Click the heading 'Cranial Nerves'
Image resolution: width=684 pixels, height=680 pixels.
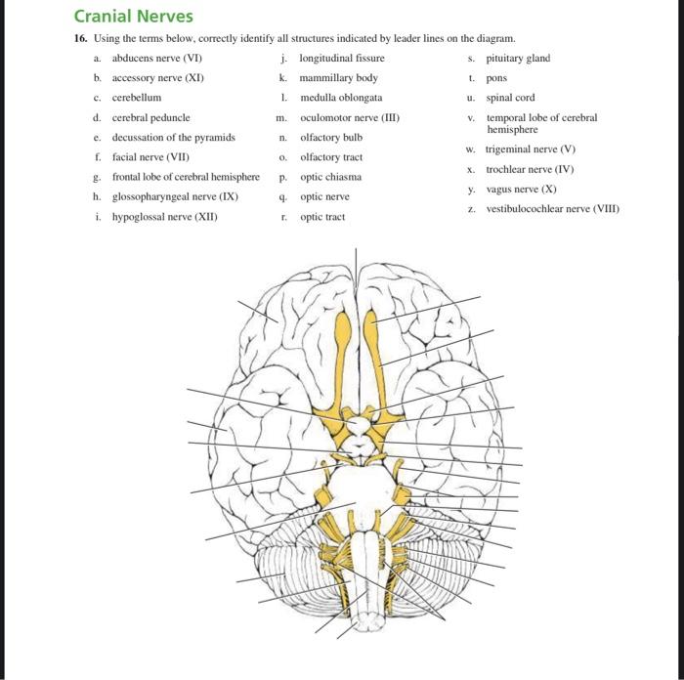coord(134,17)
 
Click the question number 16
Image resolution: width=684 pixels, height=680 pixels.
coord(81,38)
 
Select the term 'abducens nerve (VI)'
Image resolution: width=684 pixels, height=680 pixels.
coord(157,58)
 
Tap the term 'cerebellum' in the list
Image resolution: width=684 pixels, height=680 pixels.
coord(137,98)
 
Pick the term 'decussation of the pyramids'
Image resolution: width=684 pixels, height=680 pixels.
coord(174,138)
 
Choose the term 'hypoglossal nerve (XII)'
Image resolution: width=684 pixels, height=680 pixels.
coord(165,217)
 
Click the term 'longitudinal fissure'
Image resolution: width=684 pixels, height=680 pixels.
coord(342,58)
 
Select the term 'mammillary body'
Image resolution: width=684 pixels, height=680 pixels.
coord(338,78)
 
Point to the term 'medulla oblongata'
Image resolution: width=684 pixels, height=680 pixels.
coord(341,98)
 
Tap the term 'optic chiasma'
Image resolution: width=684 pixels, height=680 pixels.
coord(330,177)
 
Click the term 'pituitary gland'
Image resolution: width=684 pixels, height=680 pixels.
coord(518,58)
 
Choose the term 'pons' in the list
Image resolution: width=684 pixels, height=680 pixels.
coord(496,78)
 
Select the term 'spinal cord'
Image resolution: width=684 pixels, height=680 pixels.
coord(510,98)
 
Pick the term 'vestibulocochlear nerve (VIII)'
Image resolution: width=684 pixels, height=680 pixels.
coord(553,209)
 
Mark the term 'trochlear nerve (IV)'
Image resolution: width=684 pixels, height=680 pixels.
coord(530,169)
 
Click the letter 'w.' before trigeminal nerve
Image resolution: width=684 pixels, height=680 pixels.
coord(470,149)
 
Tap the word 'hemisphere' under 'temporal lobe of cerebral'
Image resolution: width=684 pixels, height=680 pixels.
coord(512,130)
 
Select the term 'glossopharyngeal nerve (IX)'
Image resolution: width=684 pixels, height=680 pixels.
coord(175,196)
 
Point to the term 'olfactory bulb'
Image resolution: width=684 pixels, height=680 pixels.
coord(331,138)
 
